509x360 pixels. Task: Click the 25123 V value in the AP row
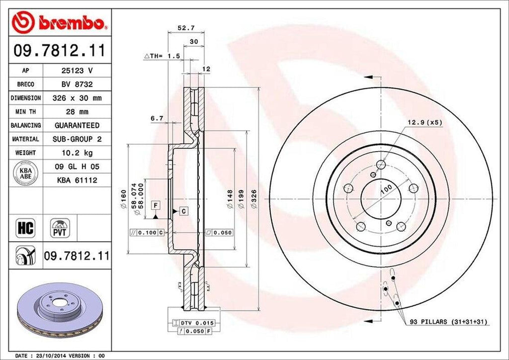[x=77, y=71]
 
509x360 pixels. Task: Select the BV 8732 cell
[x=77, y=85]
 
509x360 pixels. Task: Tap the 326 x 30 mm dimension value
[x=77, y=98]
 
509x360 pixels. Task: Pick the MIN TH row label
[x=26, y=112]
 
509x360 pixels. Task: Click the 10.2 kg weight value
[x=77, y=153]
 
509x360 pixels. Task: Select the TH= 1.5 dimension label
[x=162, y=57]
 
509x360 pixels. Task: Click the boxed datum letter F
[x=156, y=205]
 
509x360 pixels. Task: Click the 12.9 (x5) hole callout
[x=425, y=122]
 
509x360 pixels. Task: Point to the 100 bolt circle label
[x=386, y=189]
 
